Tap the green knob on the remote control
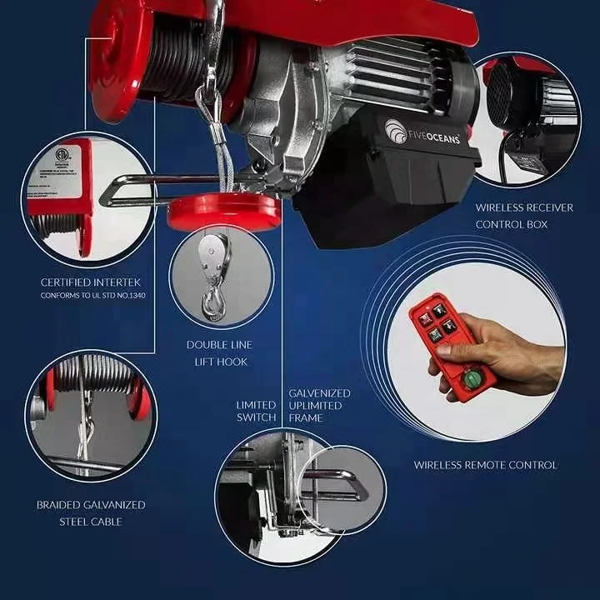pos(472,380)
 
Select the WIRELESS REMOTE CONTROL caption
pos(485,465)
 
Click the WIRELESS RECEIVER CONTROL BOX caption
pos(524,216)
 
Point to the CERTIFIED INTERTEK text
pos(88,282)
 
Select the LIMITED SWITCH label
pos(256,411)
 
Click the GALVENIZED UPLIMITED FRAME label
pos(319,405)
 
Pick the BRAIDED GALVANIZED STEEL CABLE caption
pos(91,512)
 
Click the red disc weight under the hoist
pos(224,212)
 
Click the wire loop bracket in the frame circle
pos(333,483)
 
